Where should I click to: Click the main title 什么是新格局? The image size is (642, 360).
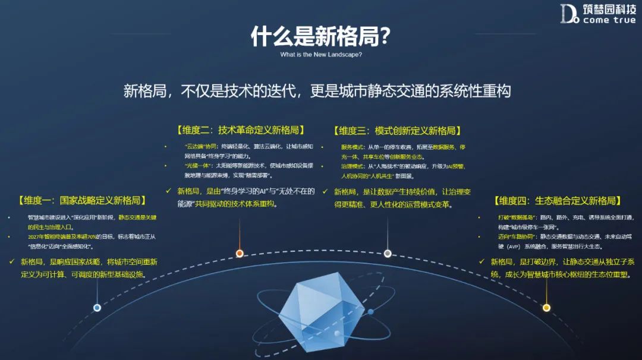point(320,36)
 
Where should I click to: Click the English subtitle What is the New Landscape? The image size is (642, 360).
point(321,55)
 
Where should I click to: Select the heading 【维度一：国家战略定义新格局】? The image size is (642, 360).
point(81,200)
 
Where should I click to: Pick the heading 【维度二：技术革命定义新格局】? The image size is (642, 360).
point(240,131)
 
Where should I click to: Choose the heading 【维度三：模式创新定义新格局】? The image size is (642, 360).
point(398,131)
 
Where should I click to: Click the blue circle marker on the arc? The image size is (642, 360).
point(97,308)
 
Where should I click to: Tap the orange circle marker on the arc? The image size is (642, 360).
point(240,253)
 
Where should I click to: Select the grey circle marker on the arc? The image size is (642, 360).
point(388,253)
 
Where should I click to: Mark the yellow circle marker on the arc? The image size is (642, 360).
point(546,308)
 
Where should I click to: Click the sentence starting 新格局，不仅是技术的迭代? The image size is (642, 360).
point(317,91)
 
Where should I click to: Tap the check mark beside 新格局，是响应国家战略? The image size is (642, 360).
point(12,261)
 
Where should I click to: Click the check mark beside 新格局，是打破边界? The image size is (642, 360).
point(483,261)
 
